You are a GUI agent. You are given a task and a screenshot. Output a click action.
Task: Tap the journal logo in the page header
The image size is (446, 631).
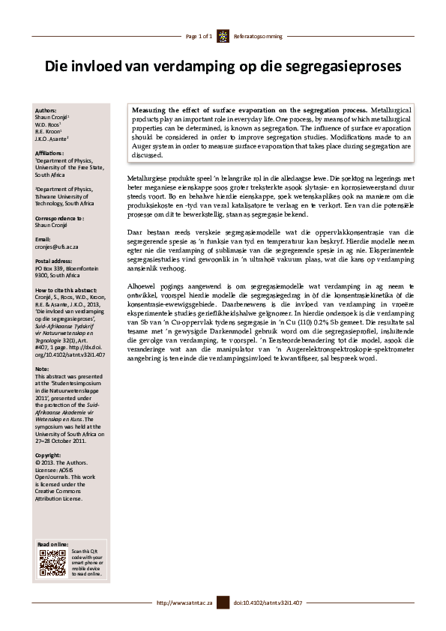[x=223, y=36]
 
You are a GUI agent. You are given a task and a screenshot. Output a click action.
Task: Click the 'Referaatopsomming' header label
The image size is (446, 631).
[x=258, y=36]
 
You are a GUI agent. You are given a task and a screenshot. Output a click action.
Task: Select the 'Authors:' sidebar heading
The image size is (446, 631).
[x=46, y=110]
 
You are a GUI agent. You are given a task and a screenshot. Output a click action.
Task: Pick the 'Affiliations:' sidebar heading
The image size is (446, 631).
[x=50, y=152]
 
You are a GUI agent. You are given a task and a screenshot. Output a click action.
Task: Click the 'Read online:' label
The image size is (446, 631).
[x=53, y=543]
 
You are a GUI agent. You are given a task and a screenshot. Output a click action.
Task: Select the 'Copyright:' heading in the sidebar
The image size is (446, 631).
[x=48, y=455]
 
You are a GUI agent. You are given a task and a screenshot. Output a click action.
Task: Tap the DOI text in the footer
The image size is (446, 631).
[x=268, y=603]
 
